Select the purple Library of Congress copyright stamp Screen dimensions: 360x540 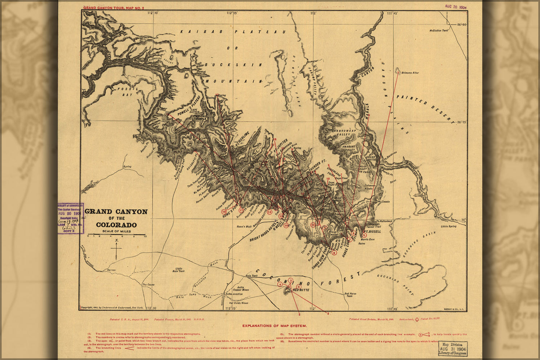(x=71, y=218)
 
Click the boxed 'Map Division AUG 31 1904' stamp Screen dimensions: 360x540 (x=453, y=348)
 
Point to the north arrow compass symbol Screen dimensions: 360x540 (x=116, y=248)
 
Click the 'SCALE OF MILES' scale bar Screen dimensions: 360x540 (x=117, y=235)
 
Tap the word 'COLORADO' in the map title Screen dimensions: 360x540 (x=116, y=225)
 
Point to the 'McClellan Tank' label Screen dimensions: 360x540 (x=439, y=31)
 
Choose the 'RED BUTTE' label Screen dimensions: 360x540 (x=301, y=290)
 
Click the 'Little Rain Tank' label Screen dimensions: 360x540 (x=179, y=270)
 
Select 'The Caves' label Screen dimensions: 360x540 (x=148, y=284)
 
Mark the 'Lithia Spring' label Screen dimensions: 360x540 (x=448, y=226)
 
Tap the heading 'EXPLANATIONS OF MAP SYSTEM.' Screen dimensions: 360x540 (x=275, y=326)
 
